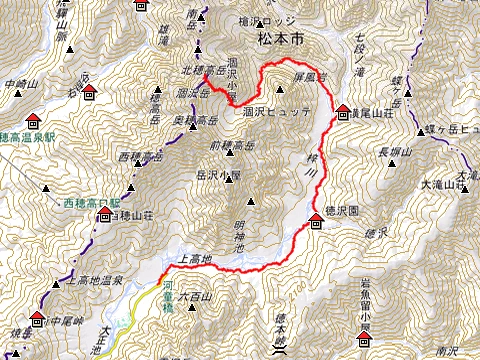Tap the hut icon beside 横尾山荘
click(x=343, y=111)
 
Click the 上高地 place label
click(x=195, y=259)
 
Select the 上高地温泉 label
click(x=93, y=282)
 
